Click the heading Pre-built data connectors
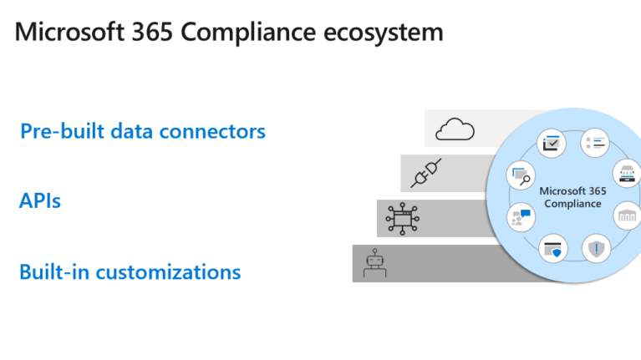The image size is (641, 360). (x=143, y=131)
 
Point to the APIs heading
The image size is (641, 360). (x=40, y=201)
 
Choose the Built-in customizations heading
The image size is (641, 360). (x=130, y=272)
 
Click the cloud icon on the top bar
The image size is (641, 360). (x=455, y=129)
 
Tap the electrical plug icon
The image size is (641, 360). (x=425, y=173)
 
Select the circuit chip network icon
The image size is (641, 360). (x=401, y=218)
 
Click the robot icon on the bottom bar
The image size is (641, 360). (x=373, y=265)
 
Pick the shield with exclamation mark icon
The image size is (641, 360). (x=596, y=247)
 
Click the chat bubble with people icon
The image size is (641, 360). (x=520, y=218)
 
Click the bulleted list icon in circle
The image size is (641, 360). (x=594, y=142)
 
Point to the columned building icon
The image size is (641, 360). (x=627, y=216)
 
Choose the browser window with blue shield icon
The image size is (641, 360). (x=552, y=248)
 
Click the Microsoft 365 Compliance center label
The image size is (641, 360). (x=572, y=197)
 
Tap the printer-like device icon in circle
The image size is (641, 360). (x=627, y=173)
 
